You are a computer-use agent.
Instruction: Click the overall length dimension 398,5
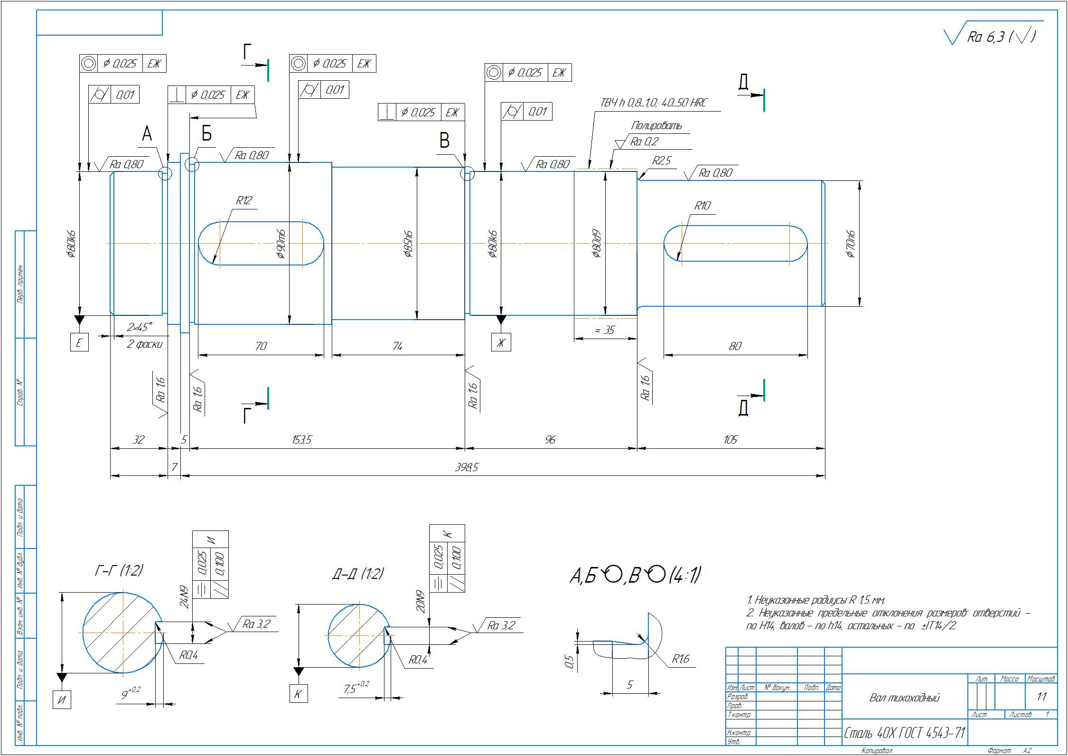[467, 467]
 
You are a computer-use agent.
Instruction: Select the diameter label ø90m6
[281, 244]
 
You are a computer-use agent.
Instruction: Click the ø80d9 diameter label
[597, 244]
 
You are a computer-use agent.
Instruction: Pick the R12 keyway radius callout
[244, 200]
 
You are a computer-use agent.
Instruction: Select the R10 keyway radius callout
[702, 206]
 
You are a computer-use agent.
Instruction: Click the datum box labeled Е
[79, 342]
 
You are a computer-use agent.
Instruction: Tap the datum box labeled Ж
[501, 342]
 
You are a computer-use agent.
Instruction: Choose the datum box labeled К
[298, 694]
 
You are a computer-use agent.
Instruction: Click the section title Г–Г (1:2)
[119, 570]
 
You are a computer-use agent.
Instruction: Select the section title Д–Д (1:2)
[358, 574]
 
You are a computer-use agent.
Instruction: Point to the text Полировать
[656, 126]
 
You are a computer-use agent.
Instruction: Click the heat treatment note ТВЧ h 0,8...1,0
[654, 103]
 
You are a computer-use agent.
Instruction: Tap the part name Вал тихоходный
[904, 698]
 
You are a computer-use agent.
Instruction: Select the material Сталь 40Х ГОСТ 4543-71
[904, 733]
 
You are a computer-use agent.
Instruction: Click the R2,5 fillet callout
[661, 161]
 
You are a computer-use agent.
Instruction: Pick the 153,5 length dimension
[301, 440]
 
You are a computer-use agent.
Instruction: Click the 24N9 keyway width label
[184, 597]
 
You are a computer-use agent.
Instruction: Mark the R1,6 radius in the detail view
[680, 659]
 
